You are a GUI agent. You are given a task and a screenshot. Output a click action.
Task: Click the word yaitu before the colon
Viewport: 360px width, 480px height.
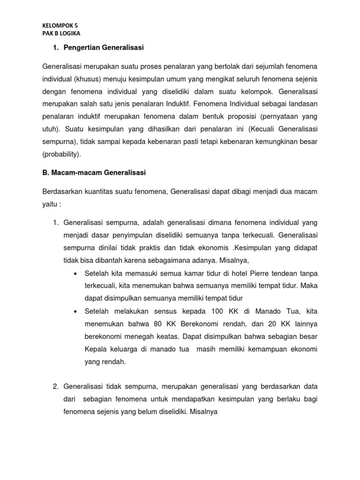[x=51, y=204]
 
